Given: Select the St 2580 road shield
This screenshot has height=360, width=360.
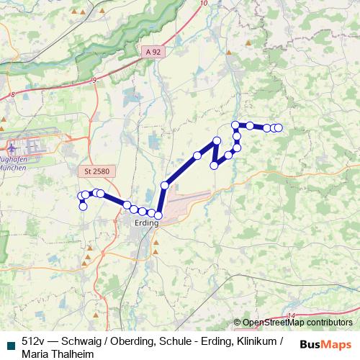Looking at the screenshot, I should [x=94, y=171].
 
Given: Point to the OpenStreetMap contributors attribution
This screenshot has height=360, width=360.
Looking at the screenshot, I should [x=297, y=323].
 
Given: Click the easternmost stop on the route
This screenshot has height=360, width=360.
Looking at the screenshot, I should [x=279, y=128].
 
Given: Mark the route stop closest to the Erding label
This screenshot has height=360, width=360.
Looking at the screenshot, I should [x=158, y=215].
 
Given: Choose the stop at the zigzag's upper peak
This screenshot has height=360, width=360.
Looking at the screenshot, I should [x=217, y=140].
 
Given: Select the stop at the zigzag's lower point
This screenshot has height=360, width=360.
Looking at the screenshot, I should [x=214, y=166].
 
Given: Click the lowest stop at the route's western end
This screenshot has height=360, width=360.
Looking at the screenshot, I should [x=83, y=207].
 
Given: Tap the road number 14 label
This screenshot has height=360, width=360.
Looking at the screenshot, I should [x=291, y=316].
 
